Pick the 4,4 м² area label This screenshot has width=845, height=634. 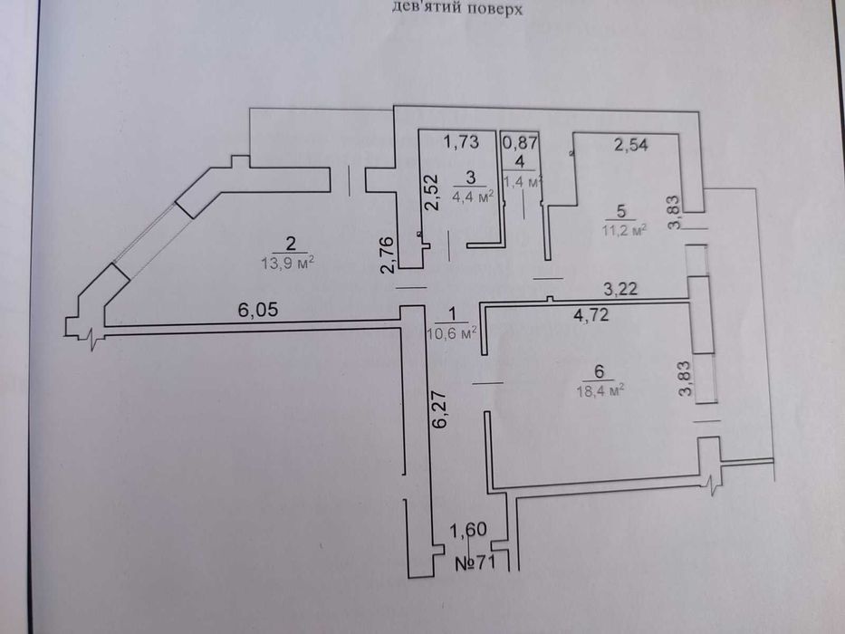pos(474,195)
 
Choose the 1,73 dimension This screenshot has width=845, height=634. pos(460,141)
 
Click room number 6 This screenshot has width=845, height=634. pos(599,371)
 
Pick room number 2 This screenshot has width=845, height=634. pos(291,243)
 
